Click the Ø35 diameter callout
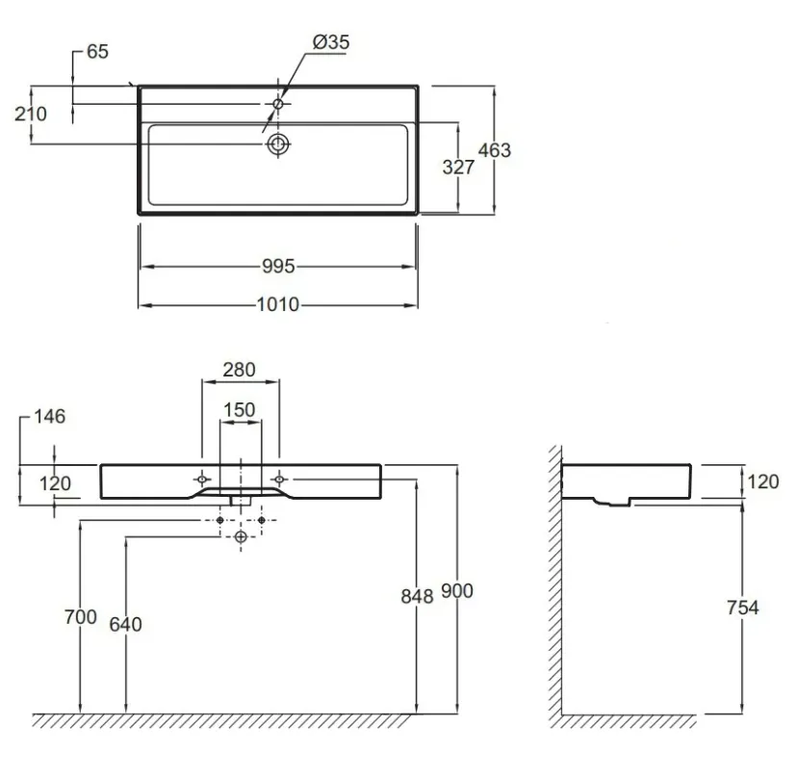coord(331,41)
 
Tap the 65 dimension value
coord(97,51)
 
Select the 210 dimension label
coord(31,114)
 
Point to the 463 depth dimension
coord(495,150)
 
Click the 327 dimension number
coord(458,167)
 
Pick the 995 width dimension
coord(278,266)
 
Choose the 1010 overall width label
coord(278,304)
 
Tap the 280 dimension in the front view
coord(239,370)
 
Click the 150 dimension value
coord(240,409)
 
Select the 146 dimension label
coord(50,417)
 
